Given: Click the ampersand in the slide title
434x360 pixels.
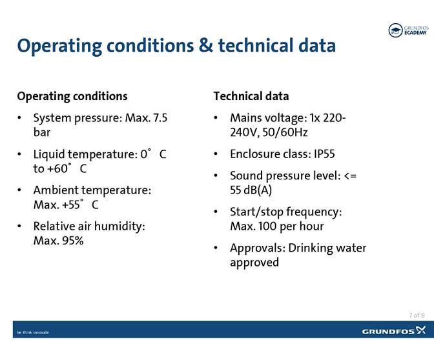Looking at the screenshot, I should pyautogui.click(x=205, y=46).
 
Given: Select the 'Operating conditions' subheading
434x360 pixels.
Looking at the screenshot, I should pyautogui.click(x=72, y=96).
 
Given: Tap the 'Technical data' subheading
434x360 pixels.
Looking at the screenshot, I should pyautogui.click(x=251, y=96).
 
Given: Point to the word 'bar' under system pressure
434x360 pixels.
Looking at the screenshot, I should pyautogui.click(x=42, y=132).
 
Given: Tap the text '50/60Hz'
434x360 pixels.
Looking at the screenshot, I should pyautogui.click(x=283, y=132).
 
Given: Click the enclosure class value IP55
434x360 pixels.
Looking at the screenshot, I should pyautogui.click(x=324, y=154).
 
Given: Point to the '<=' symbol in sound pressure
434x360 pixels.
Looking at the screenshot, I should pyautogui.click(x=349, y=176).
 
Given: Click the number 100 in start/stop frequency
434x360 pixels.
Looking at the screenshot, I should pyautogui.click(x=270, y=226).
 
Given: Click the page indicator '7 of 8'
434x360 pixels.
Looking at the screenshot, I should pyautogui.click(x=417, y=315).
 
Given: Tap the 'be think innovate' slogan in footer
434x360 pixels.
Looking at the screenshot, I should pyautogui.click(x=33, y=332).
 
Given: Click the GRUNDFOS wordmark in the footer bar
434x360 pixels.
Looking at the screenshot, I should pyautogui.click(x=388, y=332).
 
